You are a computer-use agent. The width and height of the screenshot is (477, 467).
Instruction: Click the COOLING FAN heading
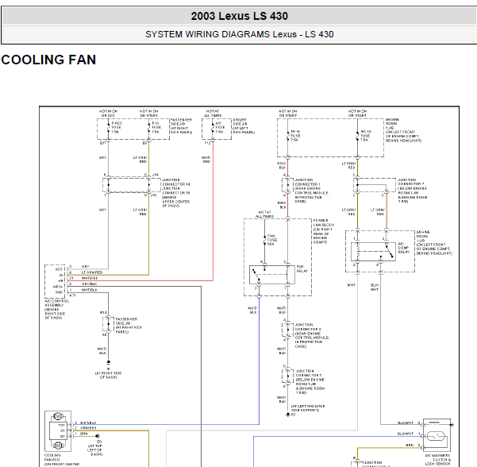coord(49,60)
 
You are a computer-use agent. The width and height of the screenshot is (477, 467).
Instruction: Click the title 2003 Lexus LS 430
coord(239,16)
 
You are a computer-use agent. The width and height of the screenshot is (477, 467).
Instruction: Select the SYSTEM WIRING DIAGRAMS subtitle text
coord(239,35)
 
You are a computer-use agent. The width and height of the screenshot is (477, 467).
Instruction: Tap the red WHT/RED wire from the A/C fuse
coord(212,214)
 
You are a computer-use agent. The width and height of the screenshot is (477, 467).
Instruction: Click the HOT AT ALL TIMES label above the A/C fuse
coord(213,113)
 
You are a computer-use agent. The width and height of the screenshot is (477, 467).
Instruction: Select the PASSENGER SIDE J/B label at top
coord(180,125)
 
